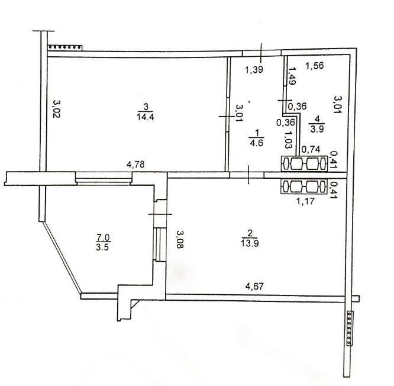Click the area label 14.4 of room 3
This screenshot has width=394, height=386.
pos(146,117)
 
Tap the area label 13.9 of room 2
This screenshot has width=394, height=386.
pos(250,243)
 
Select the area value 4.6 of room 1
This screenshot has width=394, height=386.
pos(256,143)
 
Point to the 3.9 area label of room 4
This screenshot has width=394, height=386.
pos(317,129)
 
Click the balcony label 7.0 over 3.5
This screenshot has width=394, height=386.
pos(104,242)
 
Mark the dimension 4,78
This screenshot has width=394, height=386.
pos(135,165)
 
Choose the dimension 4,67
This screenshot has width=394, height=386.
pos(254,286)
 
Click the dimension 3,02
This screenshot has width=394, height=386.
pos(57,109)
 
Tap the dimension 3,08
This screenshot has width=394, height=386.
pos(180,239)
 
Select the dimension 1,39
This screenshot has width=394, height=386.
pos(254,70)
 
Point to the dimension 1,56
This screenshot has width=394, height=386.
pos(315,66)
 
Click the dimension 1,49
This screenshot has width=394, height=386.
pos(292,76)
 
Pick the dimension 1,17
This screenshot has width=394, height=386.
pos(305,201)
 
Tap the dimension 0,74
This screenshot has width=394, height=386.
pos(311,149)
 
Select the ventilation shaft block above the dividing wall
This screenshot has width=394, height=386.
pos(304,164)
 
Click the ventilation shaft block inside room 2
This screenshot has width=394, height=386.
pos(304,186)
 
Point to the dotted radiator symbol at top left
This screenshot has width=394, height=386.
pos(65,47)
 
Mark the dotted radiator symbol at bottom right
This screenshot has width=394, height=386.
pos(350,329)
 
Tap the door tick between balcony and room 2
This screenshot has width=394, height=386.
pos(160,214)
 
